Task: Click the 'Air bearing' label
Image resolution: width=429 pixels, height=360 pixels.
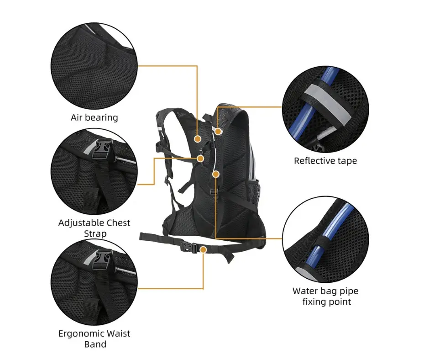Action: click(x=94, y=117)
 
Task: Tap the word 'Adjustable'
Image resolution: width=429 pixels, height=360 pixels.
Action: click(x=81, y=223)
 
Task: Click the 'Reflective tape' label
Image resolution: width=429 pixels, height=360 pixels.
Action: click(x=325, y=160)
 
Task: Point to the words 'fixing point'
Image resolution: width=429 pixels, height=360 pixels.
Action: click(x=327, y=302)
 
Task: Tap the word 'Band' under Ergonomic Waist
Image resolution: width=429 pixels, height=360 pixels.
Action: click(x=95, y=344)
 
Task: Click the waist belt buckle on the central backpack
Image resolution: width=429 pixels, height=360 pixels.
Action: click(x=188, y=247)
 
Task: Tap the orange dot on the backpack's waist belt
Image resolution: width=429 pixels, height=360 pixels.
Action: click(x=203, y=249)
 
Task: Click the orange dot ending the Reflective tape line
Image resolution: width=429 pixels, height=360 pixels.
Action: click(x=218, y=131)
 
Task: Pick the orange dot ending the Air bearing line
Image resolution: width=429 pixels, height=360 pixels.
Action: click(x=198, y=139)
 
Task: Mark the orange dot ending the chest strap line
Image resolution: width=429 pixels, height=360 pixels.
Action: click(x=200, y=159)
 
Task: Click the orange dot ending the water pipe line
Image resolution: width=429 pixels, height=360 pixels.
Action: click(x=216, y=174)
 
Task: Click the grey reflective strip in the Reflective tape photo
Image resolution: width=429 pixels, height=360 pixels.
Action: click(x=327, y=103)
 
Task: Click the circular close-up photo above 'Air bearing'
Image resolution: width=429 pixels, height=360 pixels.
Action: click(x=94, y=66)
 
